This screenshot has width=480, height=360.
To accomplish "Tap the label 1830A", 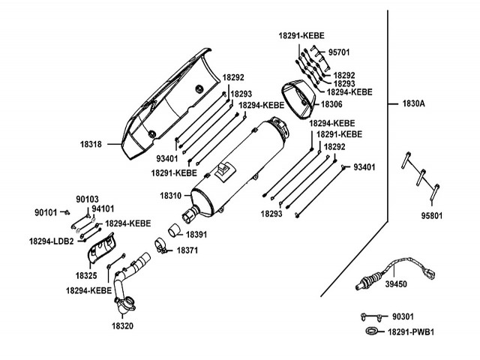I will pyautogui.click(x=411, y=103).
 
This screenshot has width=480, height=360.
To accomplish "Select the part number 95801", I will pyautogui.click(x=431, y=215).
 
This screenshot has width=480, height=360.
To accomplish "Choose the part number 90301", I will pyautogui.click(x=403, y=317).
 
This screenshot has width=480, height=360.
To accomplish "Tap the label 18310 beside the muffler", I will pyautogui.click(x=171, y=195).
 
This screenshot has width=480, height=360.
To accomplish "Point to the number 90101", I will pyautogui.click(x=46, y=212).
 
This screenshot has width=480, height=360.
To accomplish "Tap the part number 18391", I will pyautogui.click(x=196, y=235).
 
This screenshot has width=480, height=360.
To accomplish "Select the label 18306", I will pyautogui.click(x=331, y=103).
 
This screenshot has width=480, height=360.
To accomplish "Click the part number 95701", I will pyautogui.click(x=339, y=52).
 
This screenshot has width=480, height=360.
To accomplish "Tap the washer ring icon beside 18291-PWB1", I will pyautogui.click(x=370, y=331).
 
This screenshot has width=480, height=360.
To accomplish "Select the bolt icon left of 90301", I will pyautogui.click(x=366, y=317).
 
